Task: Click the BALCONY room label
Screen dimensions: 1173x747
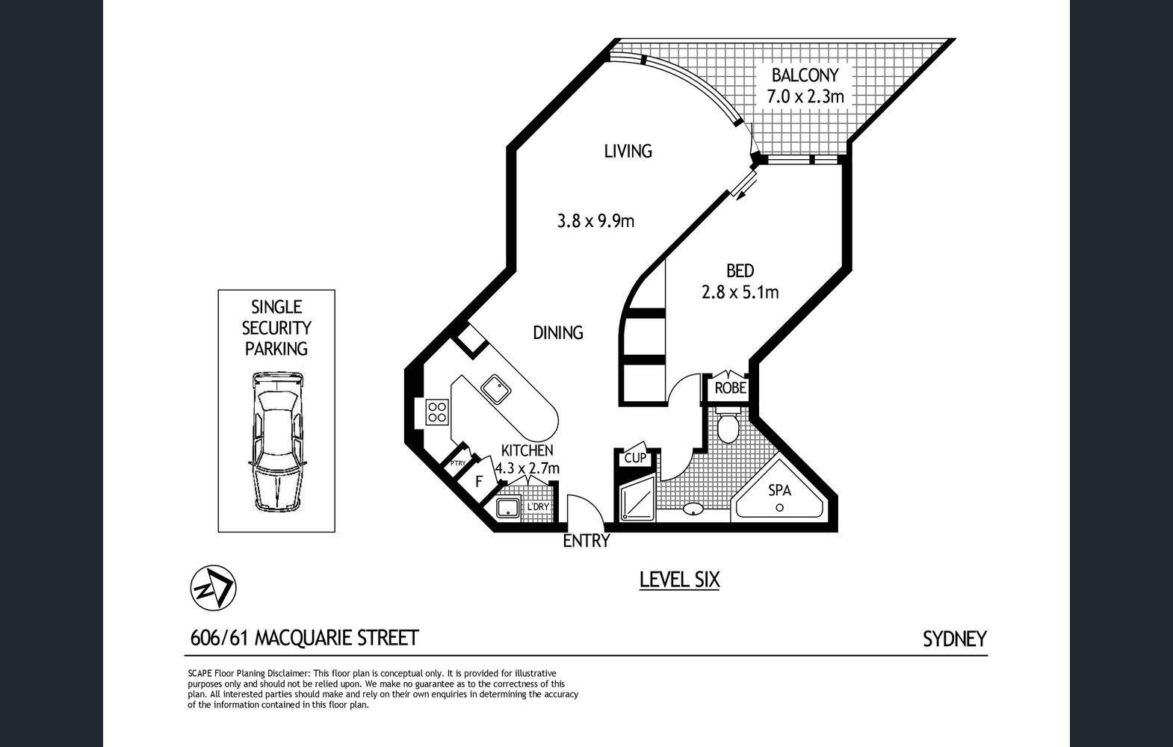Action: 805,75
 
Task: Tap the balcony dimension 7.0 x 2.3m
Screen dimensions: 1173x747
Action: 805,97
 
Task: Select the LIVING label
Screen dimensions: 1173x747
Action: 628,152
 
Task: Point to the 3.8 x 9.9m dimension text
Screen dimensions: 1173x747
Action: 595,221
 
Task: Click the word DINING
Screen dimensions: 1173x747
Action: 557,332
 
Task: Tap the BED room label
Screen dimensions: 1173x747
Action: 740,270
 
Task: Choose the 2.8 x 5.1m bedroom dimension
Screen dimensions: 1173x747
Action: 740,292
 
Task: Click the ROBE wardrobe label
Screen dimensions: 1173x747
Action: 730,388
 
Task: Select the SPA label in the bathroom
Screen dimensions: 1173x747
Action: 780,490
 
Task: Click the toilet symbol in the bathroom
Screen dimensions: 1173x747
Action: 728,427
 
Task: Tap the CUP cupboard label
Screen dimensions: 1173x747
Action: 635,458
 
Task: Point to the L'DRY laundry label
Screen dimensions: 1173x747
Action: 538,506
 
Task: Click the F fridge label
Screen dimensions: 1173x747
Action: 479,481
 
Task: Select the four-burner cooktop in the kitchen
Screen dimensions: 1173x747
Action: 437,412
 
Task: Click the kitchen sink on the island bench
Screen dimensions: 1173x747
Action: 495,389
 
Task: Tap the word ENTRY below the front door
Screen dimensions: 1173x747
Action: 586,541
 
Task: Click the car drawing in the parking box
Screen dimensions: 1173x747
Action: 276,441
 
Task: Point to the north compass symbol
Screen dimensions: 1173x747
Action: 213,588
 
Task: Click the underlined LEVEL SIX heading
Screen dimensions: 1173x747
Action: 680,580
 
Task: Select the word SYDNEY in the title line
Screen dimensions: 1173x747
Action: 955,639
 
